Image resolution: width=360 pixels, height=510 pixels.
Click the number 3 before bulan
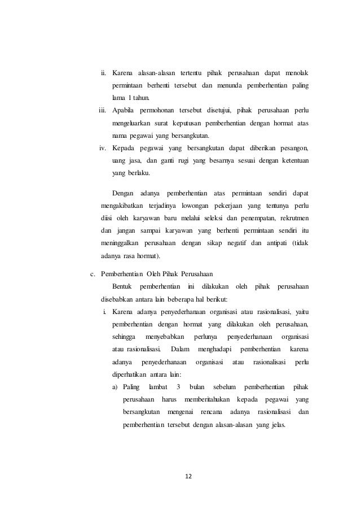pos(178,387)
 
